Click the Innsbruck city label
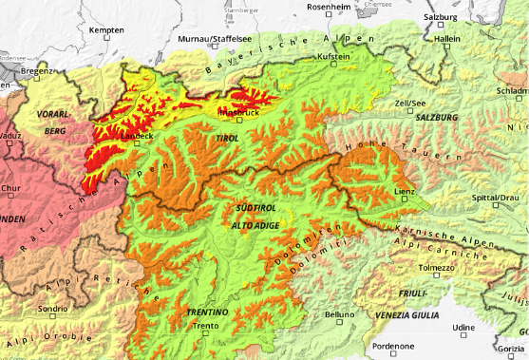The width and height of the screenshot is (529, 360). [x=238, y=112]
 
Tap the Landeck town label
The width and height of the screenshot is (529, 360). [x=137, y=136]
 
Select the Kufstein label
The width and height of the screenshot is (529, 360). [x=334, y=57]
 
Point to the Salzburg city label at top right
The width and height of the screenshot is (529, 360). [x=443, y=17]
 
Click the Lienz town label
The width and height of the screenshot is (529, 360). [x=406, y=192]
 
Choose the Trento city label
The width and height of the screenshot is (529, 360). [x=205, y=327]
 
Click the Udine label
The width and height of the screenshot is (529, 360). [x=463, y=327]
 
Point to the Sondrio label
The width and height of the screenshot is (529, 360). [x=52, y=309]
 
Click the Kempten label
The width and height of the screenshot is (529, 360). [x=106, y=30]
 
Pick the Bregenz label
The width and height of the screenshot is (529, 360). [x=37, y=71]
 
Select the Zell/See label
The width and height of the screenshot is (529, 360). [x=409, y=102]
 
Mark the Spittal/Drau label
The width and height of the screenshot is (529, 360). [x=496, y=197]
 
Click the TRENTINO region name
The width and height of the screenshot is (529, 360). [x=207, y=312]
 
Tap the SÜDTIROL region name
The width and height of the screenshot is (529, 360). [x=254, y=206]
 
